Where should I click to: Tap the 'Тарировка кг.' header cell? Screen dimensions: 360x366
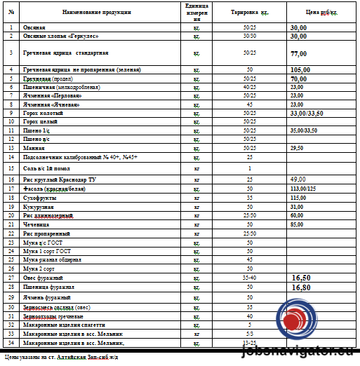coord(249,13)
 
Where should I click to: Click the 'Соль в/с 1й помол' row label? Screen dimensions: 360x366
coord(49,168)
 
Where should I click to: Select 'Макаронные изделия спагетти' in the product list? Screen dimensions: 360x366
coord(64,325)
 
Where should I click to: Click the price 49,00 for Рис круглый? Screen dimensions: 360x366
coord(298,180)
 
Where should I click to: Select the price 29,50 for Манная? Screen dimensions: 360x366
coord(297,148)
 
